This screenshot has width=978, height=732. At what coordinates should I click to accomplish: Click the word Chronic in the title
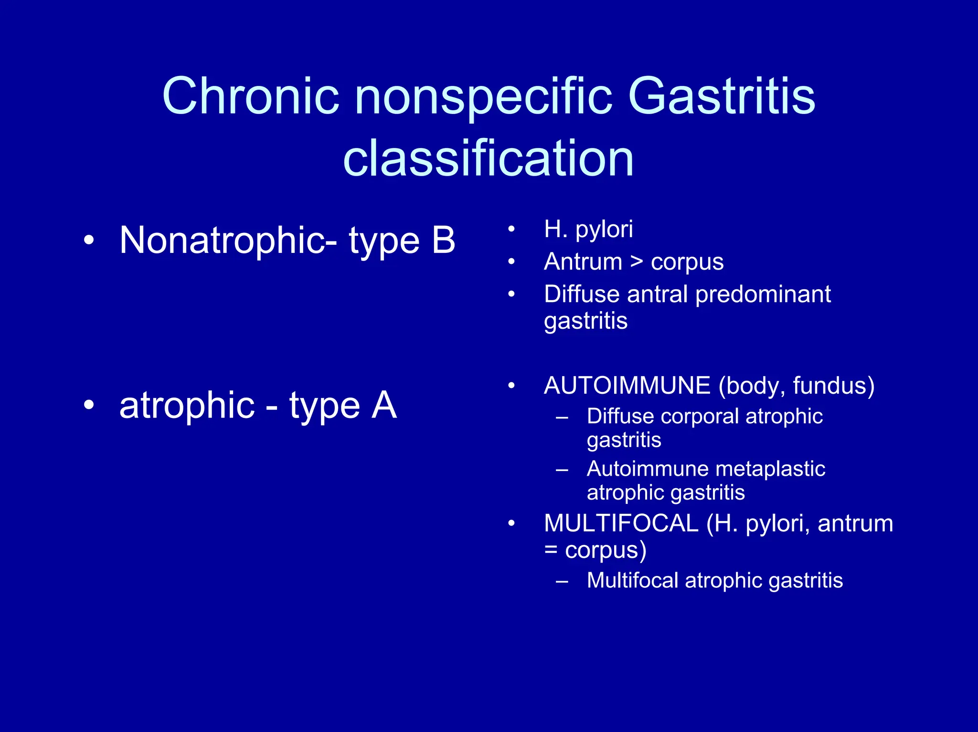251,96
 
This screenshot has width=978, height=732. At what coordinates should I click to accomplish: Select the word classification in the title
489,158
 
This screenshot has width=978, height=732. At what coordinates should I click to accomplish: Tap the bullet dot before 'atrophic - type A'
89,405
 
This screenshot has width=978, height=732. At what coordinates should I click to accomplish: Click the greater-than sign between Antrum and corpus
636,262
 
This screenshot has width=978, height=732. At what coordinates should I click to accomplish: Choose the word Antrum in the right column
583,262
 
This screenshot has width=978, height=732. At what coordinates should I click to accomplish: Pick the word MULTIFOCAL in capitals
621,523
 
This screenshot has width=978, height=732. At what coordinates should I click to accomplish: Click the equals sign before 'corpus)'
551,550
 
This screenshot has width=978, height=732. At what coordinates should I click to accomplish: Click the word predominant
763,294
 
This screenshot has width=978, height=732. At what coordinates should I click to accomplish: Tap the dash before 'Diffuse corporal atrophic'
562,418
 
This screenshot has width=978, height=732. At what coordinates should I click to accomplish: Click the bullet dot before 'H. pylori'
511,230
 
